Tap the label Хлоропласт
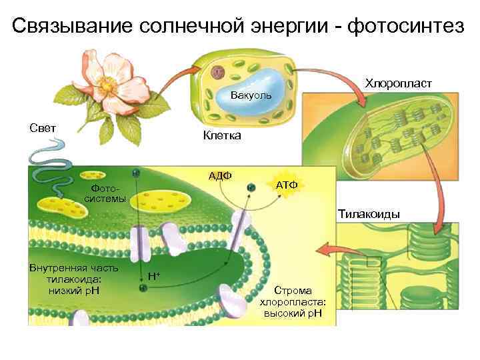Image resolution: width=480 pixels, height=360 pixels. (x=399, y=84)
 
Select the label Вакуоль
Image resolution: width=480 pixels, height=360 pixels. (x=251, y=96)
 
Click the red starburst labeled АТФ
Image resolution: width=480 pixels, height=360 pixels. (x=287, y=185)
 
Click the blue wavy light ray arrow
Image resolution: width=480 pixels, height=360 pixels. (x=47, y=157)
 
